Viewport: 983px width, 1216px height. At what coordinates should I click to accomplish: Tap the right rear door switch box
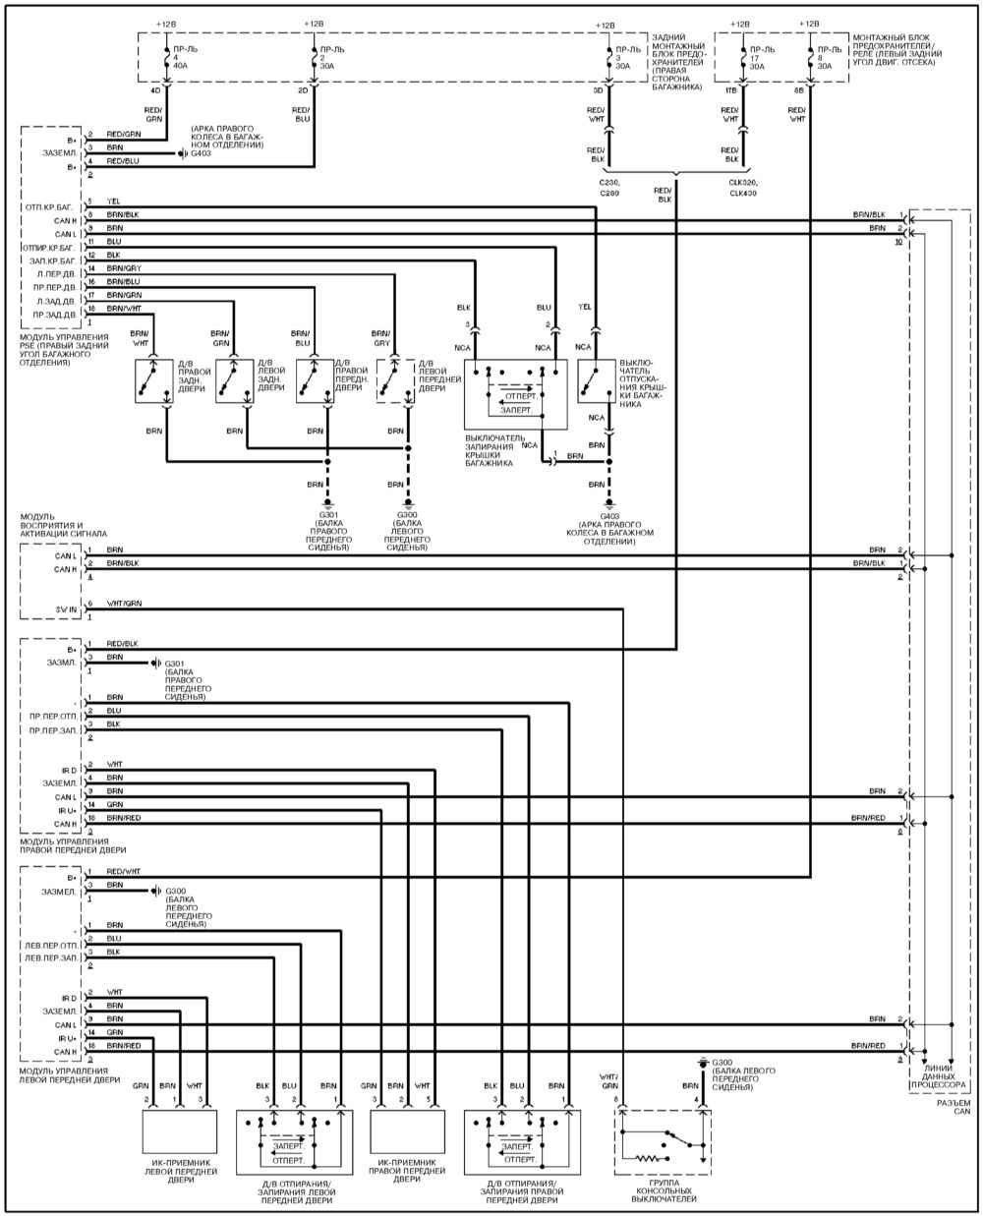pyautogui.click(x=153, y=379)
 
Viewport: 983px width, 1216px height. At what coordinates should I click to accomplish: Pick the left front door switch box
pyautogui.click(x=394, y=379)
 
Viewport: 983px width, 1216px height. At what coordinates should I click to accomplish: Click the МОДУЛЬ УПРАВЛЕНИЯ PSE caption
pyautogui.click(x=55, y=349)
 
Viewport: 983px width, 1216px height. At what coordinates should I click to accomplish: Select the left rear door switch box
pyautogui.click(x=234, y=379)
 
